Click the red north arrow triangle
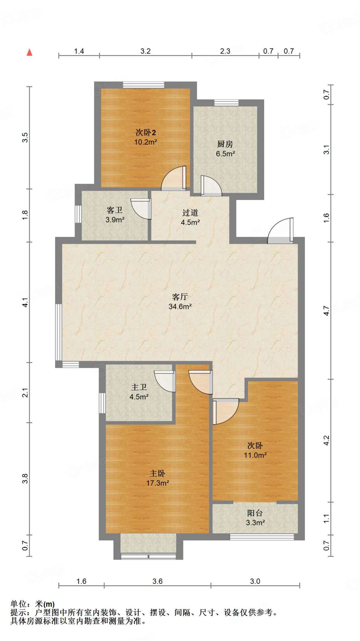tap(29, 52)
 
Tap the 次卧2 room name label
tap(146, 132)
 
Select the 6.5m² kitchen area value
tap(225, 154)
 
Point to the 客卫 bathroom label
tap(114, 210)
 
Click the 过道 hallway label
tap(190, 213)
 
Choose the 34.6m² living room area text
tap(180, 306)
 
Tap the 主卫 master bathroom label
tap(139, 387)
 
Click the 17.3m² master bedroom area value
tap(158, 483)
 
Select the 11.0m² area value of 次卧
tap(255, 455)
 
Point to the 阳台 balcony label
tap(255, 513)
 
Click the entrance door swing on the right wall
tap(280, 231)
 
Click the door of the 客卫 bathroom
tap(141, 209)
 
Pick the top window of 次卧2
tap(143, 85)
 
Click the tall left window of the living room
tap(59, 332)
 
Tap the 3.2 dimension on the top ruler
tap(146, 51)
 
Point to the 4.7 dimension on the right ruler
tap(327, 310)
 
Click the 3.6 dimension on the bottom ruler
tap(157, 581)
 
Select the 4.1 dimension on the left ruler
tap(25, 302)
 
